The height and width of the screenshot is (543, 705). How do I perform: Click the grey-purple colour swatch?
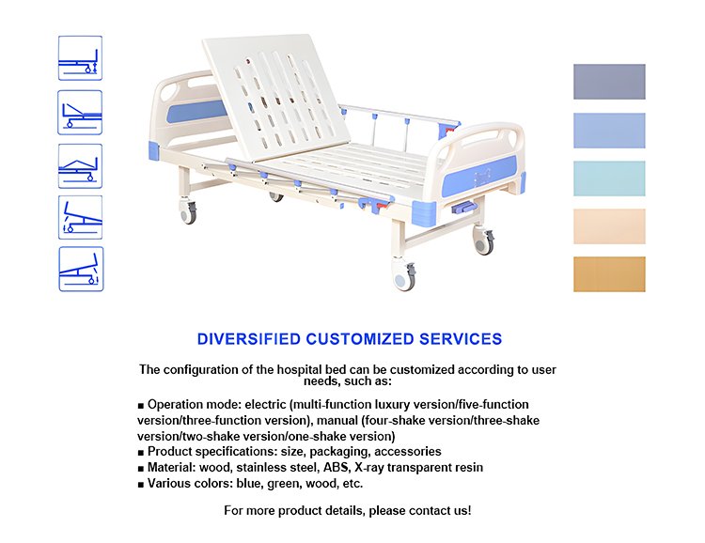click(609, 82)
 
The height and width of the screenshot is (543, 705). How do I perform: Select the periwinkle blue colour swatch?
click(609, 131)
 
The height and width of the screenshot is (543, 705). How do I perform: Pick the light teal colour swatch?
click(609, 178)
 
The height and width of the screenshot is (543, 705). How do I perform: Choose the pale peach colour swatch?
click(609, 226)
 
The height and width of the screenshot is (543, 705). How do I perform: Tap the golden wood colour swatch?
click(609, 274)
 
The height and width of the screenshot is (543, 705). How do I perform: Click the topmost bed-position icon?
click(80, 58)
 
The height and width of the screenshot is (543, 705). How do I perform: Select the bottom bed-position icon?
click(81, 269)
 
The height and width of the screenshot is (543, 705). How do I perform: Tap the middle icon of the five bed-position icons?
click(80, 166)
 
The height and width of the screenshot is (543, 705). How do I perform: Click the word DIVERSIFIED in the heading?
click(249, 339)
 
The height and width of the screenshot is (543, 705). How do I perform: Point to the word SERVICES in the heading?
click(461, 339)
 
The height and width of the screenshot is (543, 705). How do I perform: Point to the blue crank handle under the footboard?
click(463, 208)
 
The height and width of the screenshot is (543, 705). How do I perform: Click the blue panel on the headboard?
click(196, 112)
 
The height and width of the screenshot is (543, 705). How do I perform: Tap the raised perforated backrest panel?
click(276, 97)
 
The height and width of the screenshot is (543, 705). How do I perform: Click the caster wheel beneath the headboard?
click(188, 212)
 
